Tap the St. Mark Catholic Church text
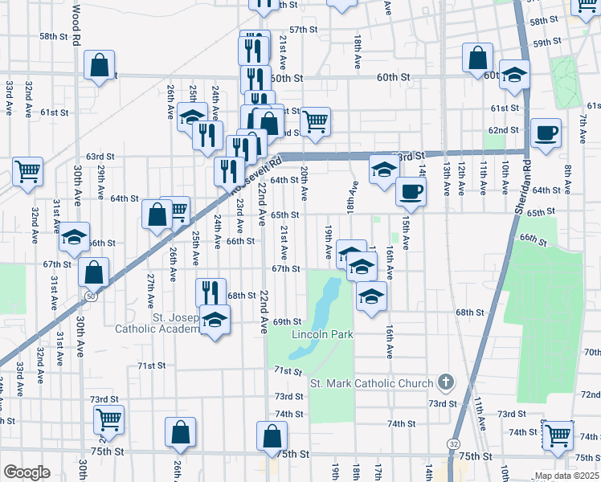[371, 383]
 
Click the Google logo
[27, 472]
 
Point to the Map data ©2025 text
[566, 476]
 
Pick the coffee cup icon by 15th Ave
[411, 191]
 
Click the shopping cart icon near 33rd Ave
[28, 170]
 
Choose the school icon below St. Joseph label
[215, 321]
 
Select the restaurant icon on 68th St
[211, 292]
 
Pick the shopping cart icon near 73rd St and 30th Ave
[108, 419]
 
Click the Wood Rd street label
[77, 24]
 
